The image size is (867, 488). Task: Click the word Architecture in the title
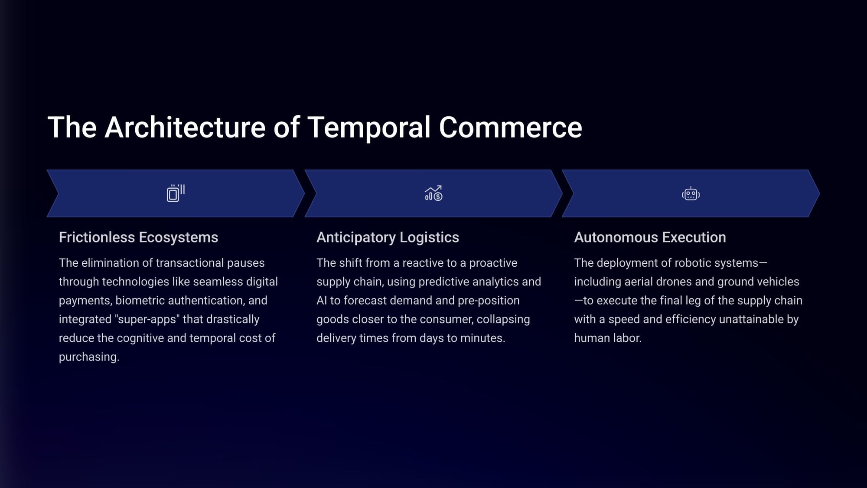[x=185, y=128]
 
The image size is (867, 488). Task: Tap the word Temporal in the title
[x=369, y=128]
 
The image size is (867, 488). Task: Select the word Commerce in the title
[x=510, y=128]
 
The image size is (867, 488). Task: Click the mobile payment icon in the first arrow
[x=176, y=193]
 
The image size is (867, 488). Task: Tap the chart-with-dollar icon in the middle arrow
[x=433, y=193]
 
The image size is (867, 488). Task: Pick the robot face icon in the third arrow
[x=691, y=193]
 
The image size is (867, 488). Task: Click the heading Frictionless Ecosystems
[x=138, y=238]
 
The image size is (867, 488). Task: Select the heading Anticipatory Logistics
[x=388, y=238]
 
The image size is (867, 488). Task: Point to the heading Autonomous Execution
[x=650, y=237]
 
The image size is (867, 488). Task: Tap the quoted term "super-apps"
[x=147, y=319]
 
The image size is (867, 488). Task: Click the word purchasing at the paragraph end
[x=89, y=357]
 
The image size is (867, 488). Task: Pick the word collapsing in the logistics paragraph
[x=503, y=319]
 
